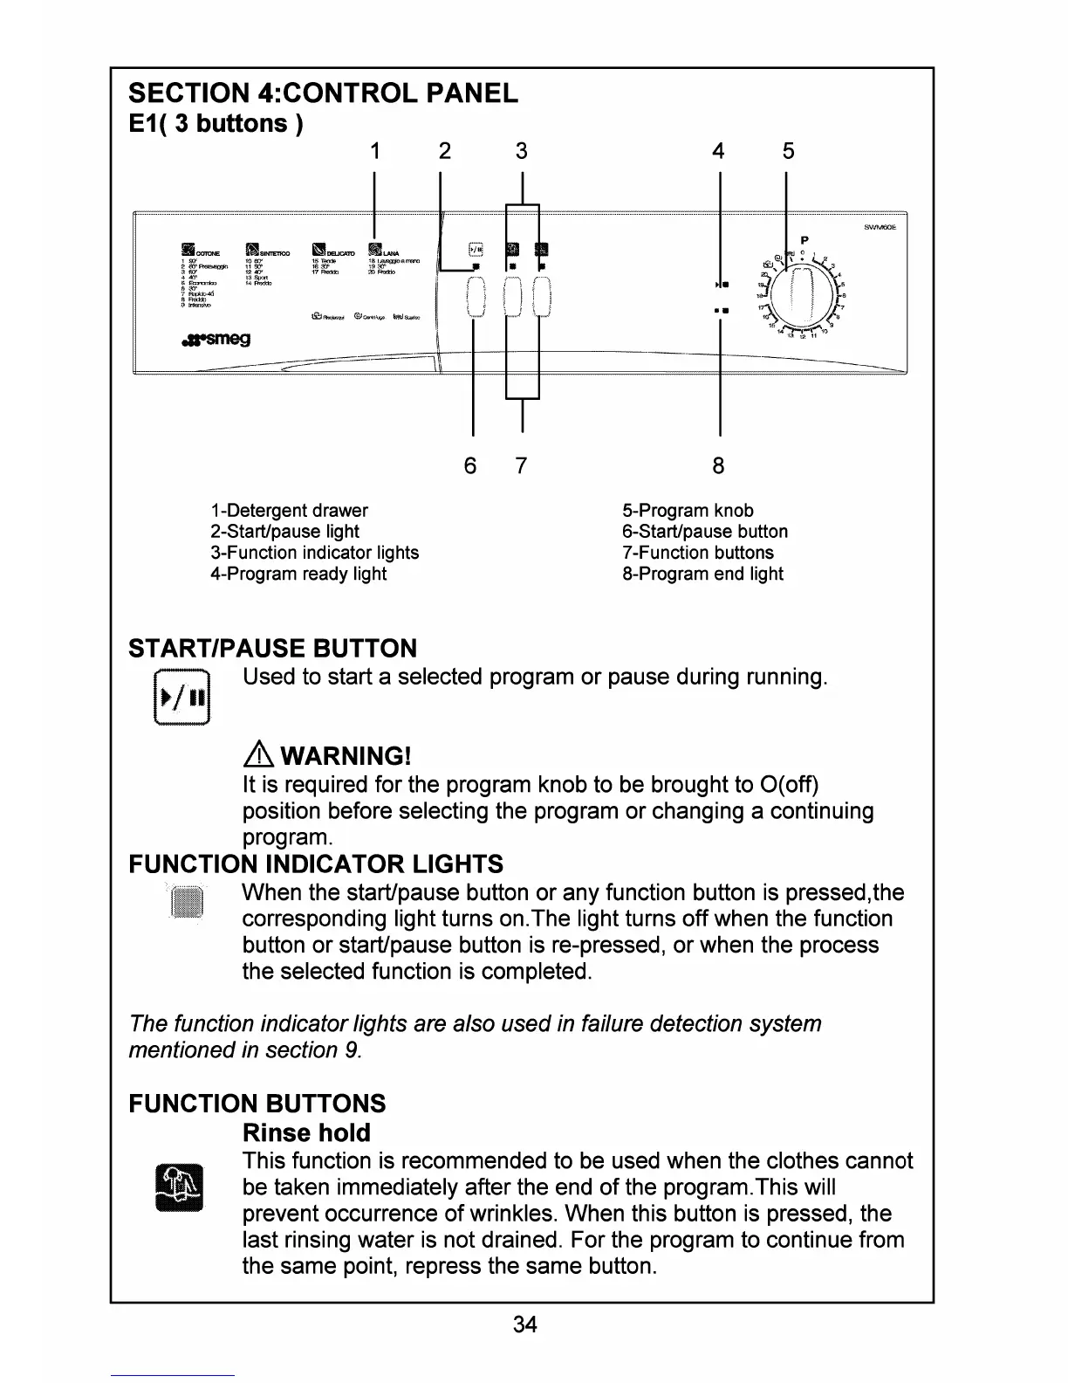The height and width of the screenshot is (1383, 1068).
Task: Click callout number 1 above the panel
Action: click(374, 152)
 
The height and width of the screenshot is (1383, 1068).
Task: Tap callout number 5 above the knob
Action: click(788, 152)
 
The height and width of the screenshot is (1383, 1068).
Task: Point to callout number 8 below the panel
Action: click(718, 465)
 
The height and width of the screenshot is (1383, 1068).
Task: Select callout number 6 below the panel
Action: click(470, 465)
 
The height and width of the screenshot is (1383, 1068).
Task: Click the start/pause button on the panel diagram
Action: click(475, 297)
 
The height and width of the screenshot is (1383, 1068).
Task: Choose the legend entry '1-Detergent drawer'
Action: click(289, 511)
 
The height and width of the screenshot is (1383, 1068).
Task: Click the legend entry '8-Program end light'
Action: click(702, 574)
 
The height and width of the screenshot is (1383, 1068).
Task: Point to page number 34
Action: click(525, 1325)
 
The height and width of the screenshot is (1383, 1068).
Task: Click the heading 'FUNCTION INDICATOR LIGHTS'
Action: click(315, 864)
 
